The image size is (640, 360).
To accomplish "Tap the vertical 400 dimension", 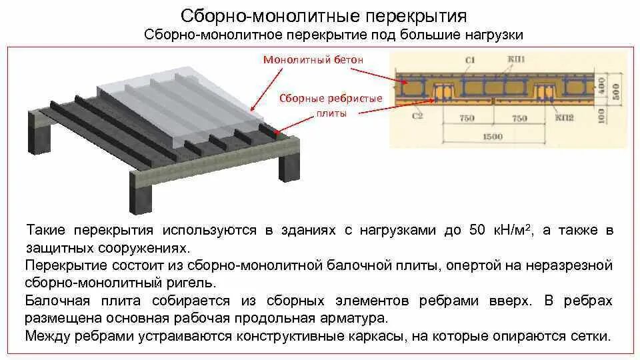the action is click(x=603, y=85).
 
